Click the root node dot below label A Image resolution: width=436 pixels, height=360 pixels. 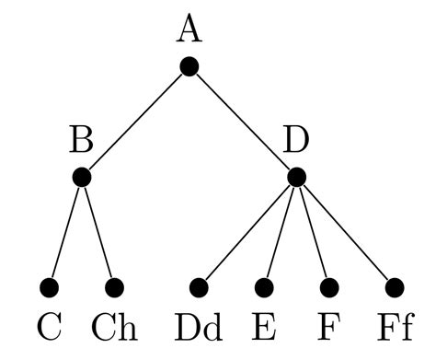click(x=189, y=66)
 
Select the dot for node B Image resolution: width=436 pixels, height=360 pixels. click(x=82, y=177)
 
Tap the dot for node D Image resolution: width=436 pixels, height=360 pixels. click(x=296, y=177)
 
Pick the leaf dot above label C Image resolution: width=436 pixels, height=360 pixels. click(x=50, y=288)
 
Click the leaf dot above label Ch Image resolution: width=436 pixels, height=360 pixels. click(x=114, y=288)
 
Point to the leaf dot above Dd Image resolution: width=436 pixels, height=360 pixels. click(x=200, y=288)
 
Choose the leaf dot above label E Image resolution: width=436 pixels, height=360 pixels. click(x=265, y=288)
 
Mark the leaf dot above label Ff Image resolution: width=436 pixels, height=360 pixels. click(x=394, y=288)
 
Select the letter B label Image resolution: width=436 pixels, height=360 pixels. click(x=81, y=142)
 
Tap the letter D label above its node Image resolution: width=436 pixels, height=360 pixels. click(x=296, y=142)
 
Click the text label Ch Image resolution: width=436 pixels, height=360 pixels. click(x=114, y=327)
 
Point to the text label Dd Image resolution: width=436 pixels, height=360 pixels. click(x=199, y=327)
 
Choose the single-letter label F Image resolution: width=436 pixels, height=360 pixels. click(x=328, y=327)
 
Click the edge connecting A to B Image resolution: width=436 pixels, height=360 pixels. click(x=136, y=122)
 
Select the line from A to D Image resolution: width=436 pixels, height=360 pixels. click(x=243, y=122)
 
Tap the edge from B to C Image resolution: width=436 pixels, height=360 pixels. click(x=66, y=232)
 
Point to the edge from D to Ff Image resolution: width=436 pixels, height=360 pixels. click(x=345, y=232)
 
